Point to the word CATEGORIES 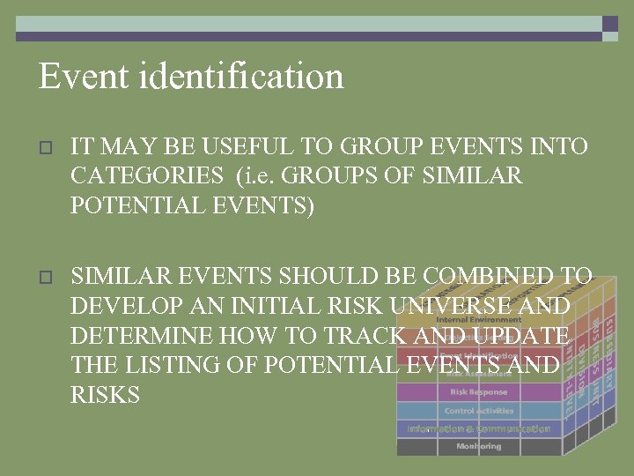tap(147, 176)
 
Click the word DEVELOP tap(124, 307)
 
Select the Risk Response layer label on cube tap(478, 391)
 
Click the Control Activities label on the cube tap(478, 411)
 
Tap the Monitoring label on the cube tap(478, 447)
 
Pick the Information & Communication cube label tap(478, 429)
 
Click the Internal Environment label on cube tap(478, 319)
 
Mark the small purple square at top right tap(609, 25)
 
